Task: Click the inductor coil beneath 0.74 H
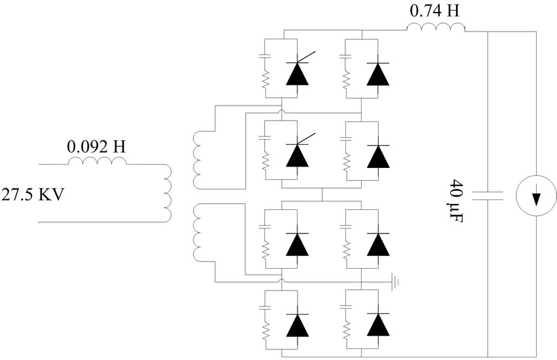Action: tap(436, 28)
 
